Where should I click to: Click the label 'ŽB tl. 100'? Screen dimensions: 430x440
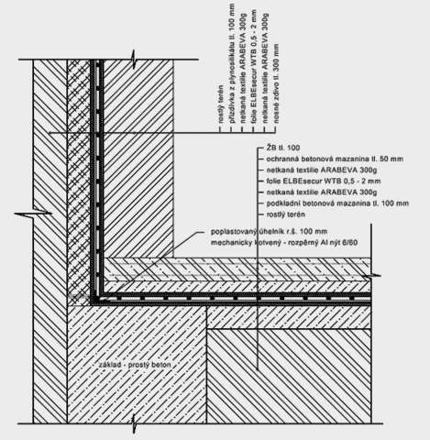[x=283, y=148]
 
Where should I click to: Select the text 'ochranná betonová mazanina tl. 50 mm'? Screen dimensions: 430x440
[x=335, y=159]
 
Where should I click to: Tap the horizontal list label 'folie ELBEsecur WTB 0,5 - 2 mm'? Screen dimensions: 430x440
[x=324, y=181]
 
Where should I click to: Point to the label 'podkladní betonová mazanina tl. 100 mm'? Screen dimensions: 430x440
[x=337, y=203]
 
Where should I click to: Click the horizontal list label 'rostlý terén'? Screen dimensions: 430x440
[x=286, y=214]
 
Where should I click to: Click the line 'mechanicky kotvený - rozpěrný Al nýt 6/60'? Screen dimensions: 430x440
[x=284, y=243]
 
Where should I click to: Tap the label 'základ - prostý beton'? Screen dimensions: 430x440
[x=135, y=365]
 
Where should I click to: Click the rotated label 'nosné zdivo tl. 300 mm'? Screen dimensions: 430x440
[x=276, y=83]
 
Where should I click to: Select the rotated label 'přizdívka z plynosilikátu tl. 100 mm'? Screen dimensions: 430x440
[x=232, y=63]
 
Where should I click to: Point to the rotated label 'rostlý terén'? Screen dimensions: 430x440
[x=221, y=104]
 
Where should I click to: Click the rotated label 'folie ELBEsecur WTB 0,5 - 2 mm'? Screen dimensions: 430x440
[x=254, y=66]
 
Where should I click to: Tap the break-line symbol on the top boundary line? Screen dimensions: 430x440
[x=134, y=60]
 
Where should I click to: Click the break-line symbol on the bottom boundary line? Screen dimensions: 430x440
[x=134, y=423]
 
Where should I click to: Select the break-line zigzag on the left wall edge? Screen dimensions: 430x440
[x=33, y=213]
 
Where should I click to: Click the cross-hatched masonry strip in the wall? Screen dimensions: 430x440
[x=79, y=182]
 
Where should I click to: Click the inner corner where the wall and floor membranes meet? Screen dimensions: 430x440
[x=100, y=297]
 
